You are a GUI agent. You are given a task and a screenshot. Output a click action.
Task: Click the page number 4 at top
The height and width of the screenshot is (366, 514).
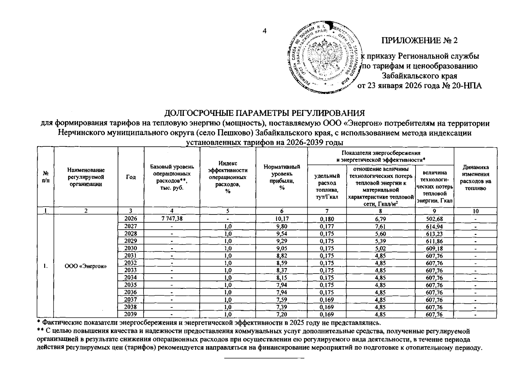(264, 31)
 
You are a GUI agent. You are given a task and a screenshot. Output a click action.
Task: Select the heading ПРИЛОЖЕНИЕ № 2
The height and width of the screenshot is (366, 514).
(419, 41)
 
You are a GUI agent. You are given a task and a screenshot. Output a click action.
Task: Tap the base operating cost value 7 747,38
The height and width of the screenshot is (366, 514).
(172, 219)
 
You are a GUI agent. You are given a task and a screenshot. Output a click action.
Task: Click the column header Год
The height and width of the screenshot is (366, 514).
(131, 177)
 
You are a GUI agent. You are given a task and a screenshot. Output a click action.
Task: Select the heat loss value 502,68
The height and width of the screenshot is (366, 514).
(434, 219)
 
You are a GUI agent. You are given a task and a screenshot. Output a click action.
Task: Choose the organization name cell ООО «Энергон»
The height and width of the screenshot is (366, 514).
(86, 266)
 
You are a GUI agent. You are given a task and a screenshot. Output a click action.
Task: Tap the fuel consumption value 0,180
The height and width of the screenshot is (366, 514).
(327, 219)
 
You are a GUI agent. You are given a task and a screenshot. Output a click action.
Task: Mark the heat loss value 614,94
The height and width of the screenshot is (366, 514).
(434, 226)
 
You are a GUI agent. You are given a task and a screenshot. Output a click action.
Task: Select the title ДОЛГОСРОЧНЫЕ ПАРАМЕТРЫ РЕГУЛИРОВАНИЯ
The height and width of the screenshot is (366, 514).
(265, 113)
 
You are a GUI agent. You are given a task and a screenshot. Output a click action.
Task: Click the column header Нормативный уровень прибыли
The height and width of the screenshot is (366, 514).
(282, 177)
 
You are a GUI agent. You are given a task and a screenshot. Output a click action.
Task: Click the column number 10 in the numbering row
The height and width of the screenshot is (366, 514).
(475, 211)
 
